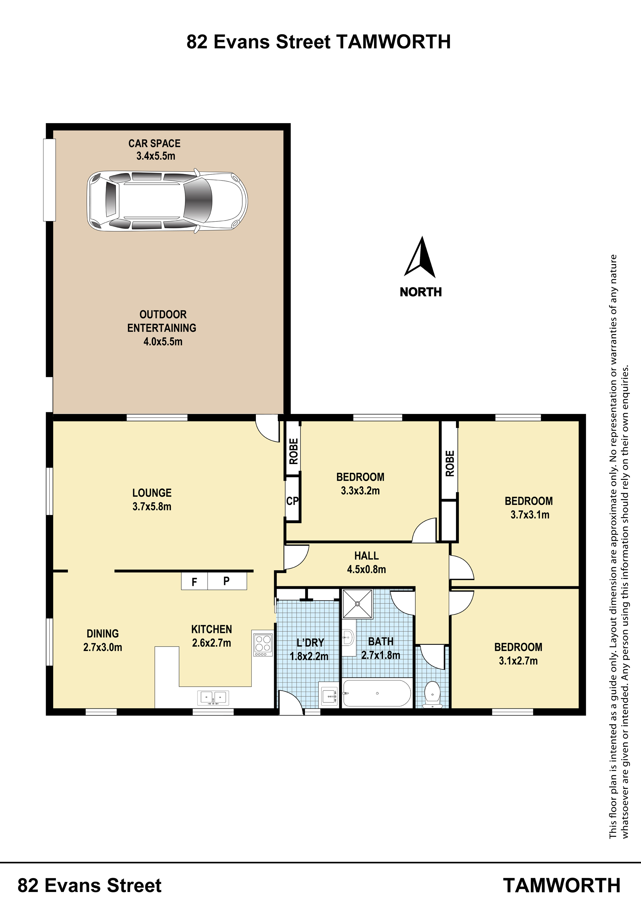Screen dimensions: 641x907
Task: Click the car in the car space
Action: [167, 201]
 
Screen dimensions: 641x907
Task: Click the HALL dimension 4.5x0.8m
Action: [367, 569]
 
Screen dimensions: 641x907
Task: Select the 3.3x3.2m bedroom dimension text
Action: [360, 491]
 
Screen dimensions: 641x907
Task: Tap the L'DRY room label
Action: [310, 643]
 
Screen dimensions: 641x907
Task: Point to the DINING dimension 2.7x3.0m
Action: [103, 647]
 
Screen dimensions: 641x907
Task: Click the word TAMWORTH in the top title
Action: [393, 42]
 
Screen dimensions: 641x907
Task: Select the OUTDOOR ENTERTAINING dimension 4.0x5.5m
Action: [163, 342]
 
